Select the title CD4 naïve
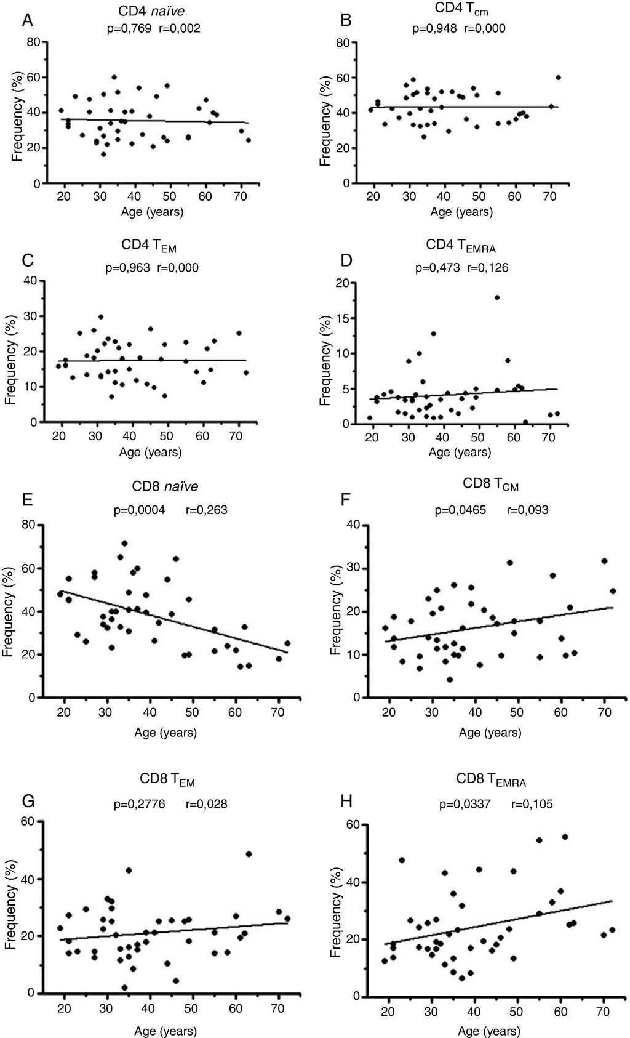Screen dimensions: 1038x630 151,11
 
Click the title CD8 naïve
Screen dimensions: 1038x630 165,486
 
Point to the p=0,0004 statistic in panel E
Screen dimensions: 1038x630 139,510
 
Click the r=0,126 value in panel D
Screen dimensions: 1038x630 488,268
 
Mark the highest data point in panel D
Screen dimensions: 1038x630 496,297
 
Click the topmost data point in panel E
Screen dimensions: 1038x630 124,544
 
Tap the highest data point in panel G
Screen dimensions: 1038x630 249,854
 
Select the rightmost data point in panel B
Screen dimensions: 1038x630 558,78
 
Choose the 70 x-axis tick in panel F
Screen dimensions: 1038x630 604,713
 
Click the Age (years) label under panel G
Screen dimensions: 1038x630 165,1031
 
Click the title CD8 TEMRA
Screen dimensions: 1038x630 491,779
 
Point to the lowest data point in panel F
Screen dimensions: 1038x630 450,680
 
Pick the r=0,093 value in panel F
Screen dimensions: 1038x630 527,510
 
